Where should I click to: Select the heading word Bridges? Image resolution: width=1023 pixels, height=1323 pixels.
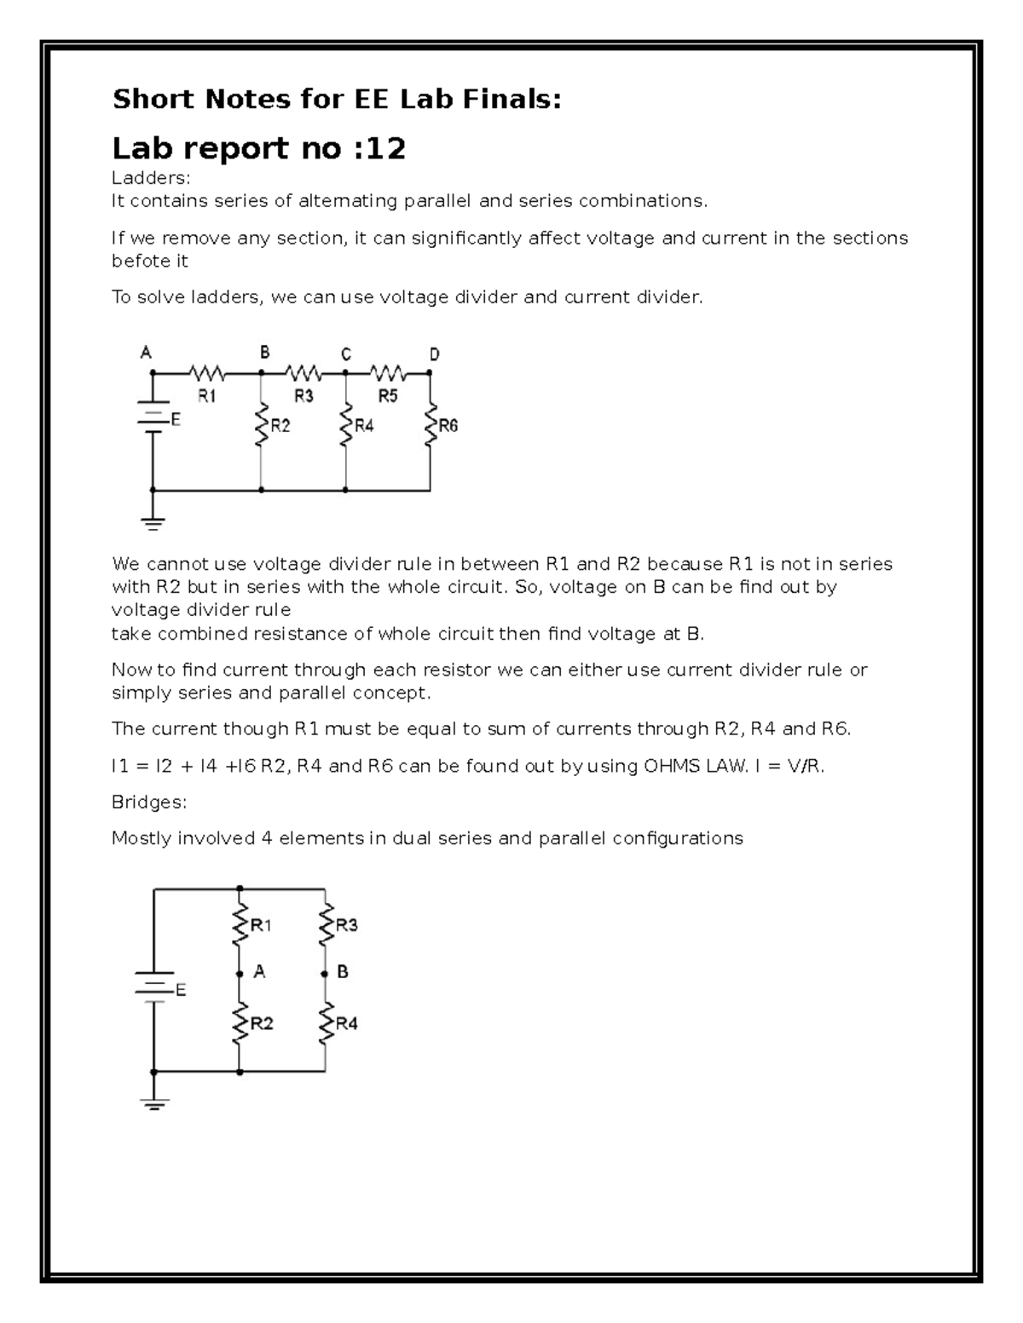click(148, 802)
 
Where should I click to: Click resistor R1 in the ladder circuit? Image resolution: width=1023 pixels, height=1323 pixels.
click(207, 373)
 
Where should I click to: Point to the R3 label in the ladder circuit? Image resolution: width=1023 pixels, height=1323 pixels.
click(304, 395)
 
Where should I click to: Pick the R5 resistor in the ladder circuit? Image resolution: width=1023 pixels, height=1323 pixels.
click(388, 373)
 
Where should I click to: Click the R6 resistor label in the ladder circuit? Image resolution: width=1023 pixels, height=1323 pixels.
click(448, 426)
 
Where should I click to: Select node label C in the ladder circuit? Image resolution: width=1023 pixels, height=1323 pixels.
click(345, 353)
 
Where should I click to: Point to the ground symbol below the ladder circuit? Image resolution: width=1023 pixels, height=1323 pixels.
click(153, 523)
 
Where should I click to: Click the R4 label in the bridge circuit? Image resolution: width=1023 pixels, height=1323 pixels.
click(347, 1024)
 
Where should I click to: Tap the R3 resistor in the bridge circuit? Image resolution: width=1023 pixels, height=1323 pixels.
click(325, 925)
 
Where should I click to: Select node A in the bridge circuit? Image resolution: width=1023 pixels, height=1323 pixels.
click(259, 971)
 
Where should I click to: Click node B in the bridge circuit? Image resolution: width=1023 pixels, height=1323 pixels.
click(342, 971)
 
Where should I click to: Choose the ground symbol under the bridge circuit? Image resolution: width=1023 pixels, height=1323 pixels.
click(154, 1104)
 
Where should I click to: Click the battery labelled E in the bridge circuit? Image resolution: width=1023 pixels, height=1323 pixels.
click(154, 986)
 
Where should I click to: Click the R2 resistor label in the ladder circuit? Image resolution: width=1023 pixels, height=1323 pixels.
click(280, 426)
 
